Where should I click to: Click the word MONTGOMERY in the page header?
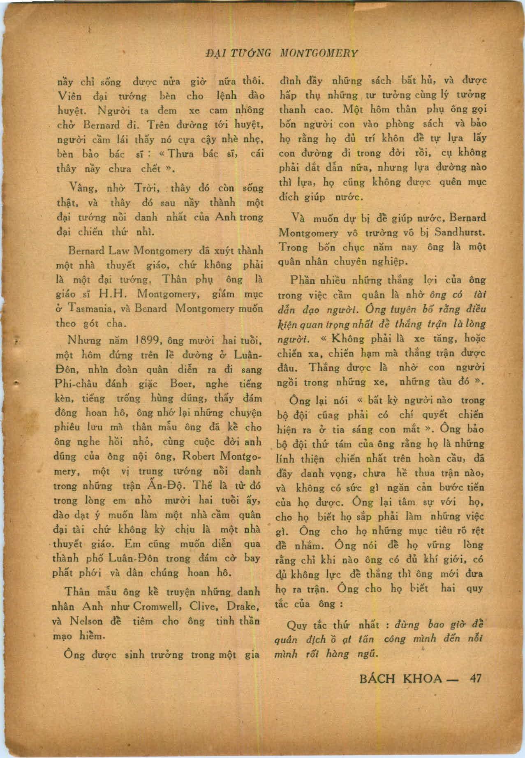click(319, 53)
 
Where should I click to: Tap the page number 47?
click(475, 678)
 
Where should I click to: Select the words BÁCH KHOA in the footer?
click(400, 678)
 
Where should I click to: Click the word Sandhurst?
click(460, 232)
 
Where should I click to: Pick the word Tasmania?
click(91, 309)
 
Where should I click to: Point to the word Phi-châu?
click(76, 384)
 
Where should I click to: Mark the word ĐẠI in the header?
click(216, 53)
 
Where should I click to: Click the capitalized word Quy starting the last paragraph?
click(296, 626)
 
